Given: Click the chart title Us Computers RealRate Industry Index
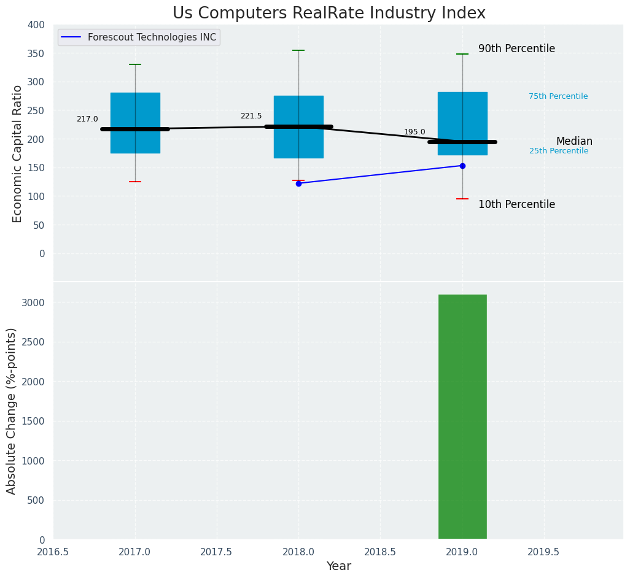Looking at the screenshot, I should pyautogui.click(x=329, y=13).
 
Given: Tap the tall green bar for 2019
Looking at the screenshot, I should pyautogui.click(x=462, y=417).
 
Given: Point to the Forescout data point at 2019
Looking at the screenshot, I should pyautogui.click(x=462, y=166).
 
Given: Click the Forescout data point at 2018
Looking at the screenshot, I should pyautogui.click(x=298, y=183).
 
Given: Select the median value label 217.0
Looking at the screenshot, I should pyautogui.click(x=87, y=119).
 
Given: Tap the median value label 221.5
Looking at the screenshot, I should pyautogui.click(x=251, y=116).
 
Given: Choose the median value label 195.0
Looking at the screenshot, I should pyautogui.click(x=414, y=132).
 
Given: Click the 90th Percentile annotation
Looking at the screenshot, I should pyautogui.click(x=516, y=49).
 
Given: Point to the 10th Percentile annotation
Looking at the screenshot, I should pyautogui.click(x=516, y=205).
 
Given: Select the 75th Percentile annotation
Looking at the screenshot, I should pyautogui.click(x=558, y=96).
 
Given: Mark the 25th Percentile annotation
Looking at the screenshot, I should pyautogui.click(x=559, y=151).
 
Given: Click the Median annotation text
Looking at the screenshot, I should pyautogui.click(x=574, y=142).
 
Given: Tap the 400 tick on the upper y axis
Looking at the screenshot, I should pyautogui.click(x=36, y=25).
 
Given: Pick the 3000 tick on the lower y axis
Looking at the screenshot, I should pyautogui.click(x=32, y=303).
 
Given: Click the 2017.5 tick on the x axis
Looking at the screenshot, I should pyautogui.click(x=216, y=552).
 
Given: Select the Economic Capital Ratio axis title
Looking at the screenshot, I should pyautogui.click(x=18, y=153).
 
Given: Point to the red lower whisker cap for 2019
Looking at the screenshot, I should pyautogui.click(x=462, y=199).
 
